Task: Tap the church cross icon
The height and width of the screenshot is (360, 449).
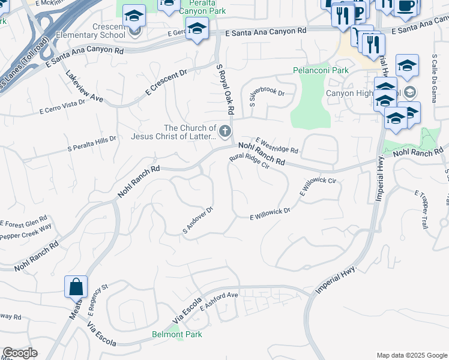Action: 225,131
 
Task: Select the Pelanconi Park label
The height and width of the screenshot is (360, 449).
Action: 321,70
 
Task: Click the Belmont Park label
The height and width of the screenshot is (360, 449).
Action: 176,334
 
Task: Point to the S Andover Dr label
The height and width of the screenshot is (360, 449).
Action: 198,221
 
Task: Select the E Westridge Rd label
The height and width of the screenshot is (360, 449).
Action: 277,145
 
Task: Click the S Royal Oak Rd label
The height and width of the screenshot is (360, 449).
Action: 224,90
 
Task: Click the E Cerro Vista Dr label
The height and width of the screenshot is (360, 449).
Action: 62,107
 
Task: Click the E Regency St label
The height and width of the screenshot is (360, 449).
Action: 97,300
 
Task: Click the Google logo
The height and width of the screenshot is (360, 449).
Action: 20,353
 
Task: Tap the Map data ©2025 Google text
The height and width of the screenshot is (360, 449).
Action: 412,355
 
